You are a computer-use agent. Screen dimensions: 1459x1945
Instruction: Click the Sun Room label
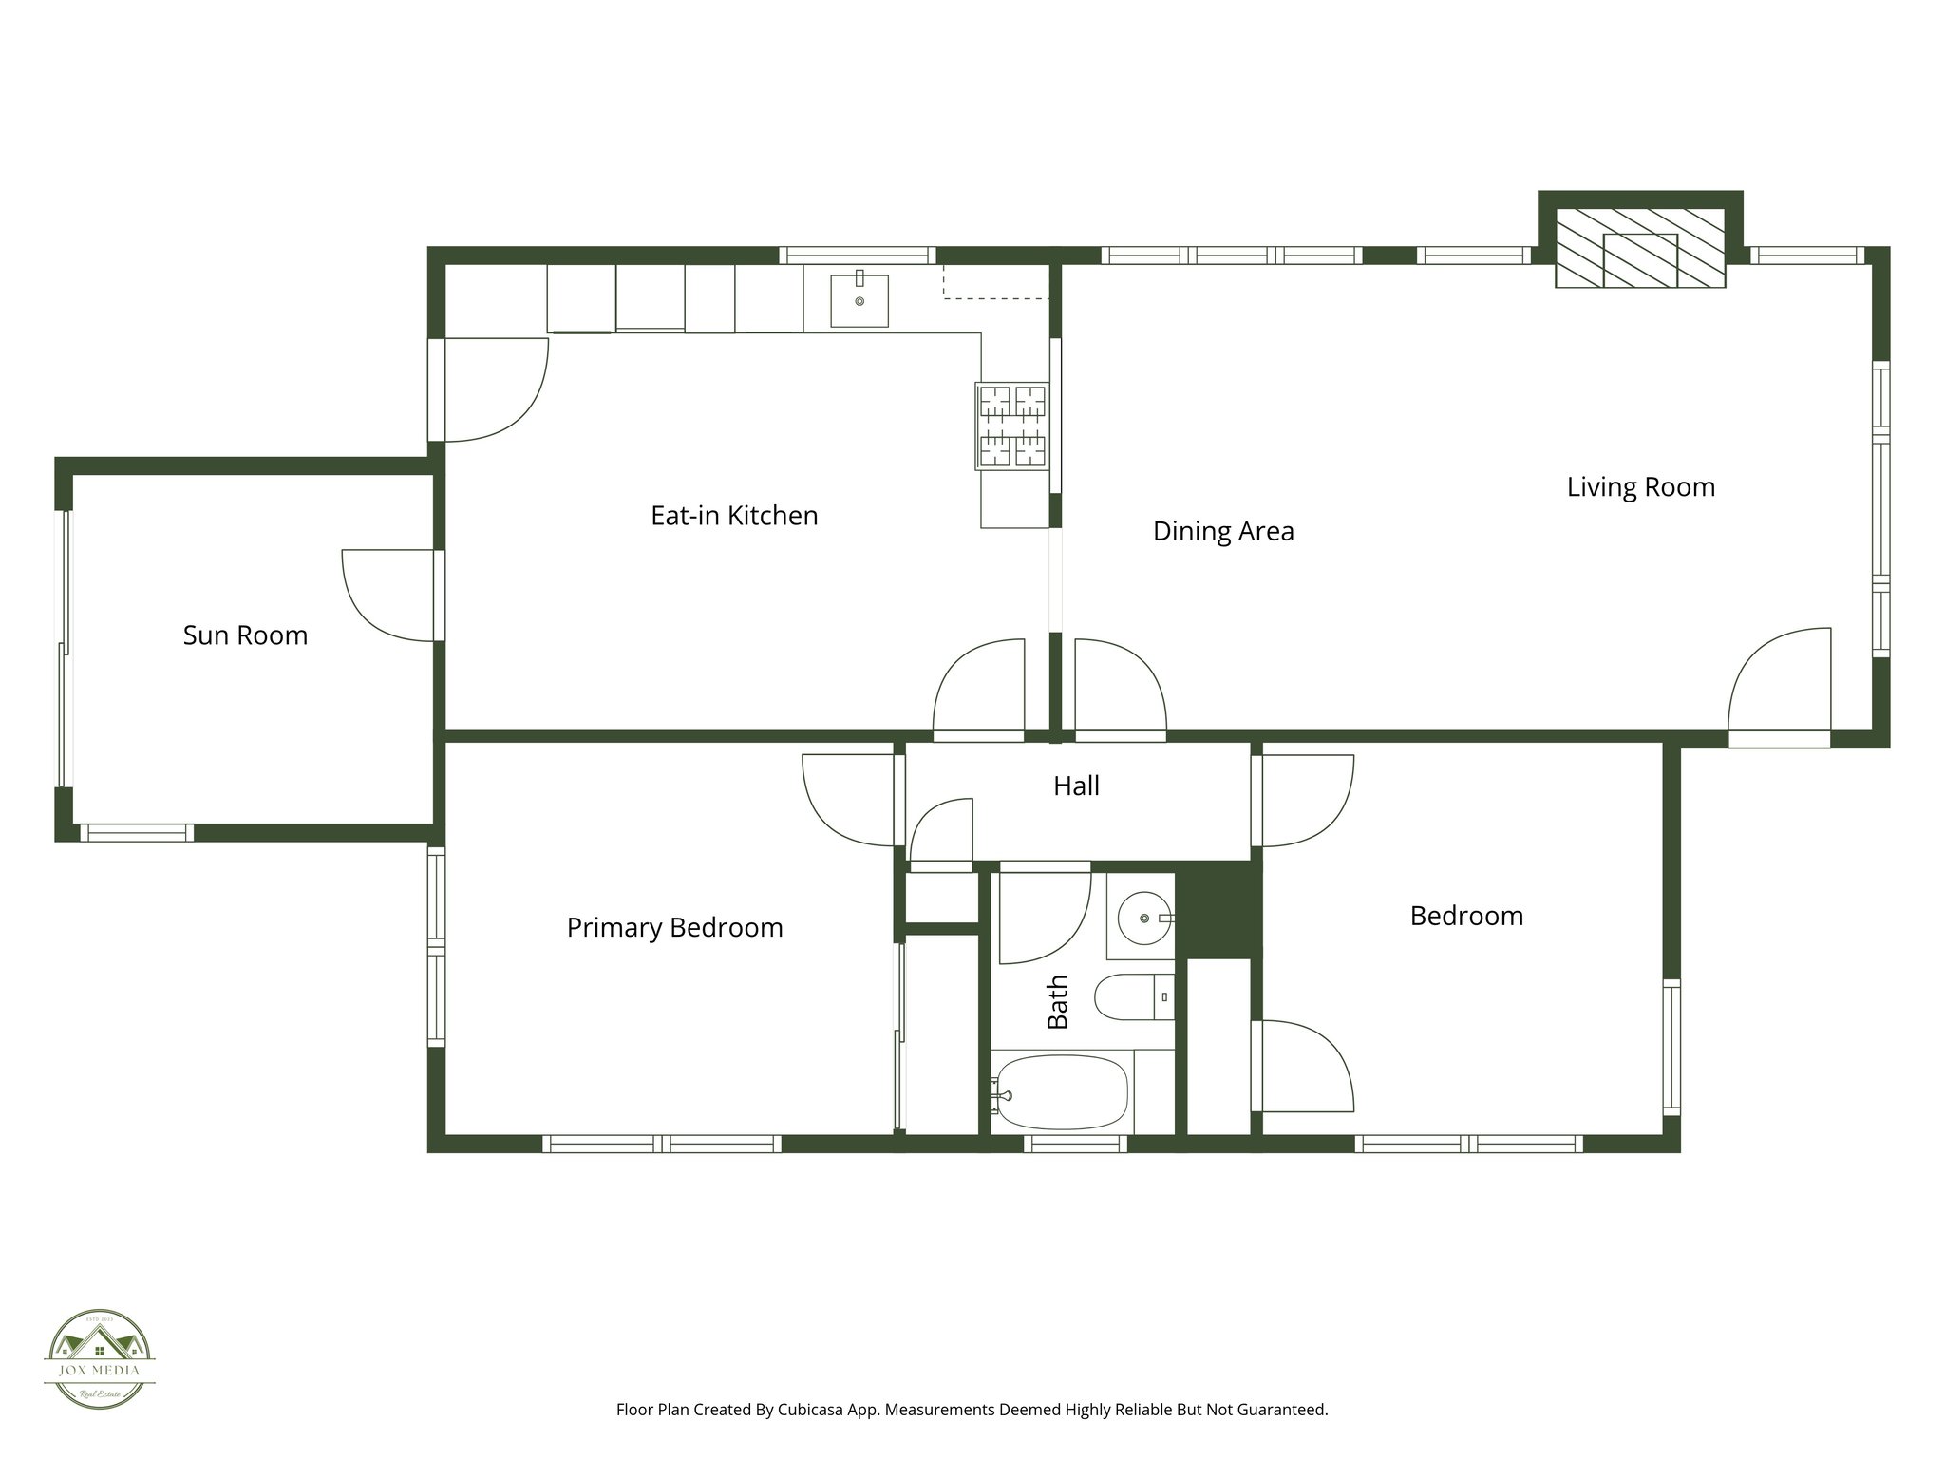point(245,635)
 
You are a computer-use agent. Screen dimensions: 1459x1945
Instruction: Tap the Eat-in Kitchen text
point(734,515)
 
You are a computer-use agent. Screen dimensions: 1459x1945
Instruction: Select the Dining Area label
point(1223,530)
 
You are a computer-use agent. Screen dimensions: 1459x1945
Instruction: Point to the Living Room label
point(1640,486)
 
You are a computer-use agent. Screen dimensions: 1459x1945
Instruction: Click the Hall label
point(1076,786)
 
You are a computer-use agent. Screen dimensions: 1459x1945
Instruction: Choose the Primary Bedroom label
point(674,927)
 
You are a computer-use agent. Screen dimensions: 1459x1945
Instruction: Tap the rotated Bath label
point(1057,1002)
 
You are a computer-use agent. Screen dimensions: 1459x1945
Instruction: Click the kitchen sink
point(859,300)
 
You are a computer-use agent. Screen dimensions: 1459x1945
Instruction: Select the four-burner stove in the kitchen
point(1012,426)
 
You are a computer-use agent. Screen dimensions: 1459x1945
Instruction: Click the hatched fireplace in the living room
point(1640,249)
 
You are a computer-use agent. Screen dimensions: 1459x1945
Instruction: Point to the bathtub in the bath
point(1062,1091)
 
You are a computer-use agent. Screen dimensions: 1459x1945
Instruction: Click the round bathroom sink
point(1143,918)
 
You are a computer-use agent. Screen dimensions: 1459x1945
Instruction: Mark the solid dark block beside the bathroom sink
point(1218,910)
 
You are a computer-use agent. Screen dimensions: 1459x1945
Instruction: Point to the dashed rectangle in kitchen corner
point(995,282)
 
